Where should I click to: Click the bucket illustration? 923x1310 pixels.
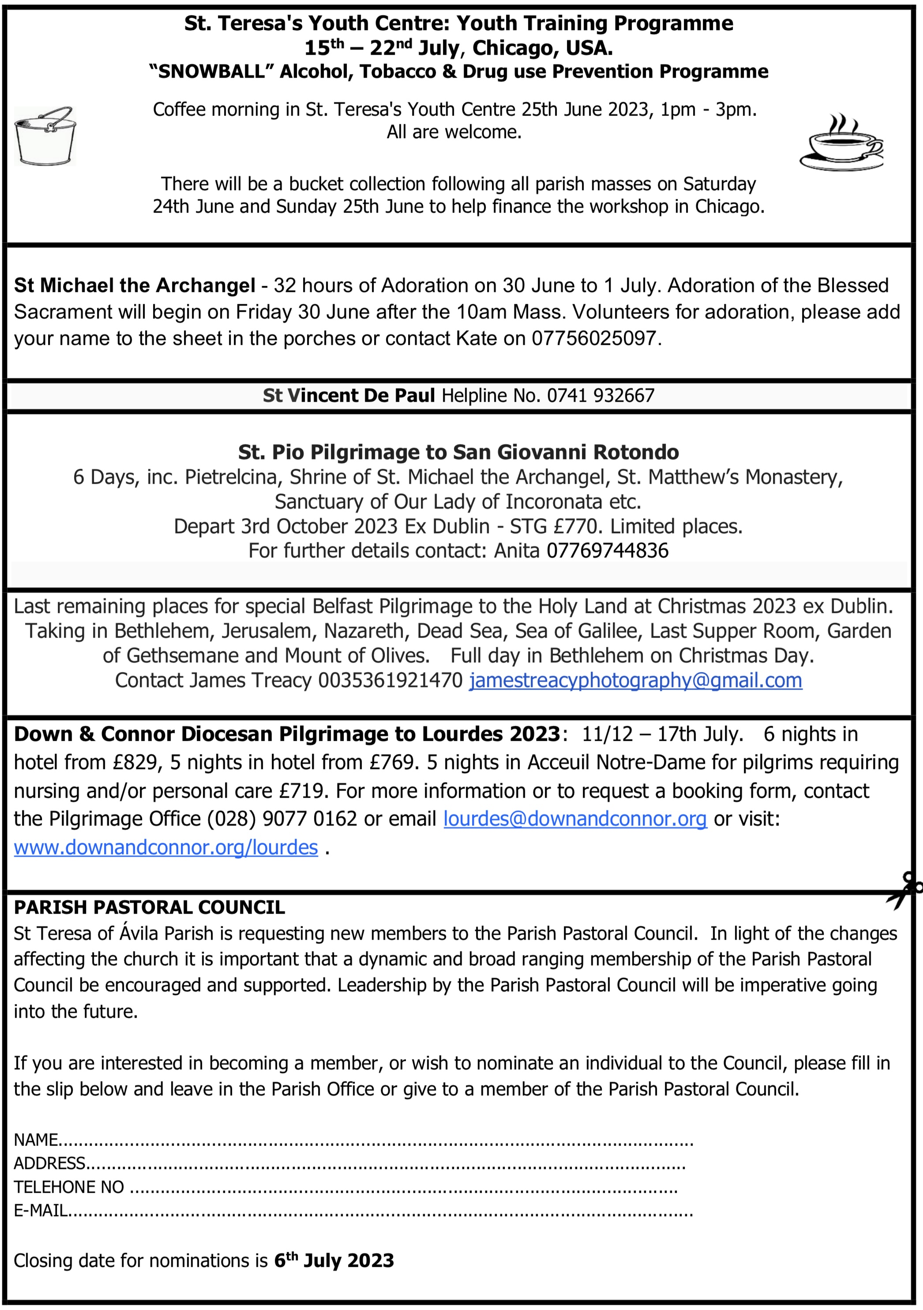tap(45, 136)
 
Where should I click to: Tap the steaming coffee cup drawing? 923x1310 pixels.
tap(841, 143)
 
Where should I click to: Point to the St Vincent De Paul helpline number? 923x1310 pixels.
tap(600, 396)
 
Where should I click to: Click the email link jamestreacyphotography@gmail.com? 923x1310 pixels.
tap(635, 680)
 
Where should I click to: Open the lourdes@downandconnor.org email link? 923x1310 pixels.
tap(575, 819)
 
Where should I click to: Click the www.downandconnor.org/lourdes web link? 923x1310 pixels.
tap(165, 847)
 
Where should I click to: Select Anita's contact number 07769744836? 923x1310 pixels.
tap(608, 551)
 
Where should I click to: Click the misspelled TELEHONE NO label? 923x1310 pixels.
tap(68, 1187)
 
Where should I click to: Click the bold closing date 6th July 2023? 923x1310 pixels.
tap(334, 1260)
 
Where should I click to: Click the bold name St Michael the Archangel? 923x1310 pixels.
tap(134, 285)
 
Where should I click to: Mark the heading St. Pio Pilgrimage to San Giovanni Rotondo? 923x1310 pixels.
tap(458, 452)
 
